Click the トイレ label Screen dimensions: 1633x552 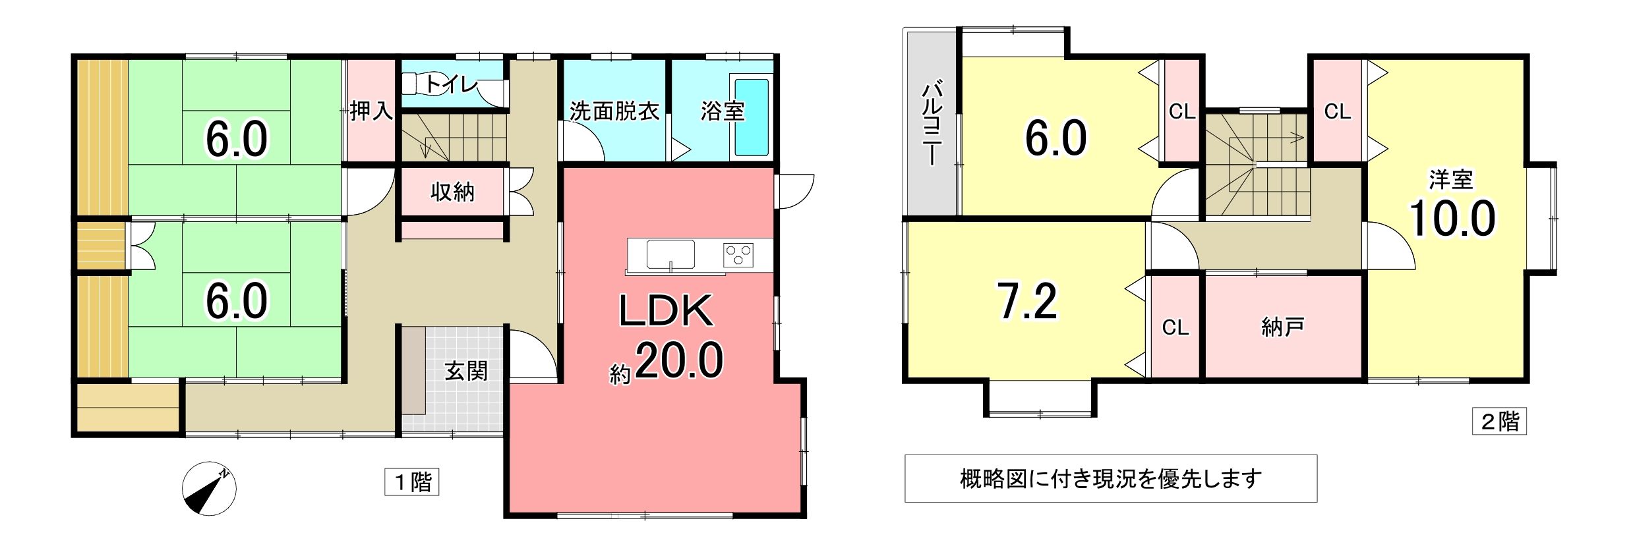[451, 84]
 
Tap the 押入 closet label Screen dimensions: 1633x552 [371, 111]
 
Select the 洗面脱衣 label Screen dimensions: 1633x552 [614, 111]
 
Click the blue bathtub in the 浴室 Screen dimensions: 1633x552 [752, 117]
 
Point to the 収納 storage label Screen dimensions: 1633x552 [452, 192]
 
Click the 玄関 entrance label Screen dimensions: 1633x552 [466, 372]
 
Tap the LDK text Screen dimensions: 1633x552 [665, 312]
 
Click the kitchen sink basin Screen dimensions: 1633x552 [670, 254]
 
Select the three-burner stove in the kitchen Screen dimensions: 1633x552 [738, 254]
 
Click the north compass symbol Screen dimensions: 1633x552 [209, 489]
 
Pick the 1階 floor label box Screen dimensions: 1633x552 [412, 482]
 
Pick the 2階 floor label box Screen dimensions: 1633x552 [1500, 422]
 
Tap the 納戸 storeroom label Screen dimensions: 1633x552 [1283, 327]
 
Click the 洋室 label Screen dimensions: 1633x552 [1451, 179]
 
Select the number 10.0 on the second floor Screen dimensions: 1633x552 [1452, 219]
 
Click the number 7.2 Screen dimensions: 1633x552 [1028, 302]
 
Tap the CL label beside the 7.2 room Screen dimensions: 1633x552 [1175, 327]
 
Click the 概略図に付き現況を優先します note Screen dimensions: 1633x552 [1111, 479]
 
